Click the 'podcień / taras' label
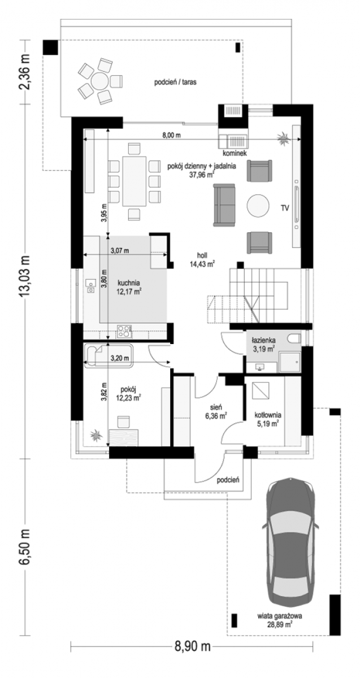tap(175, 82)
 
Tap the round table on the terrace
tap(100, 81)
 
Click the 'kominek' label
tap(235, 153)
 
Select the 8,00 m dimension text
tap(171, 135)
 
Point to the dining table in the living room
tap(134, 181)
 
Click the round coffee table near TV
tap(258, 205)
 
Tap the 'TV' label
tap(285, 208)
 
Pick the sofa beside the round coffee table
tap(224, 205)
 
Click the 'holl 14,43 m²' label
tap(202, 260)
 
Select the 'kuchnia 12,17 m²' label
tap(129, 287)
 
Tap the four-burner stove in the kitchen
tap(124, 331)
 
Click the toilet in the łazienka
tap(294, 338)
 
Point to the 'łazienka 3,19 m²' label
tap(263, 345)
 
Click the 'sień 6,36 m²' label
tap(216, 412)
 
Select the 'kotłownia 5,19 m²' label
tap(268, 419)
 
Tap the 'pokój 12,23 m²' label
tap(129, 393)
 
